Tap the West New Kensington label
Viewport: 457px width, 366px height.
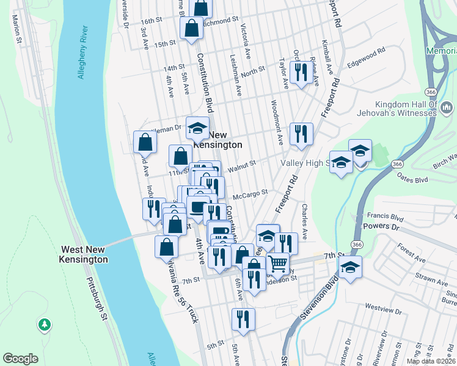click(x=84, y=254)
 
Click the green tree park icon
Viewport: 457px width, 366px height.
click(x=44, y=325)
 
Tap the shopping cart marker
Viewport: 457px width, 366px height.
click(x=278, y=264)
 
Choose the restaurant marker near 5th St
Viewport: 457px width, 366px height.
click(x=243, y=319)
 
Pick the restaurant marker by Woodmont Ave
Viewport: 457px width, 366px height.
click(x=301, y=134)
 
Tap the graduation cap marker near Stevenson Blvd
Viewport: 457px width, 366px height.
click(x=351, y=267)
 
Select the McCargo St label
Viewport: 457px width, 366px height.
click(x=250, y=193)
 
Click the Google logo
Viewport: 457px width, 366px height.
click(x=20, y=359)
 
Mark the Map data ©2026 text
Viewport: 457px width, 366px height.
click(x=430, y=361)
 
